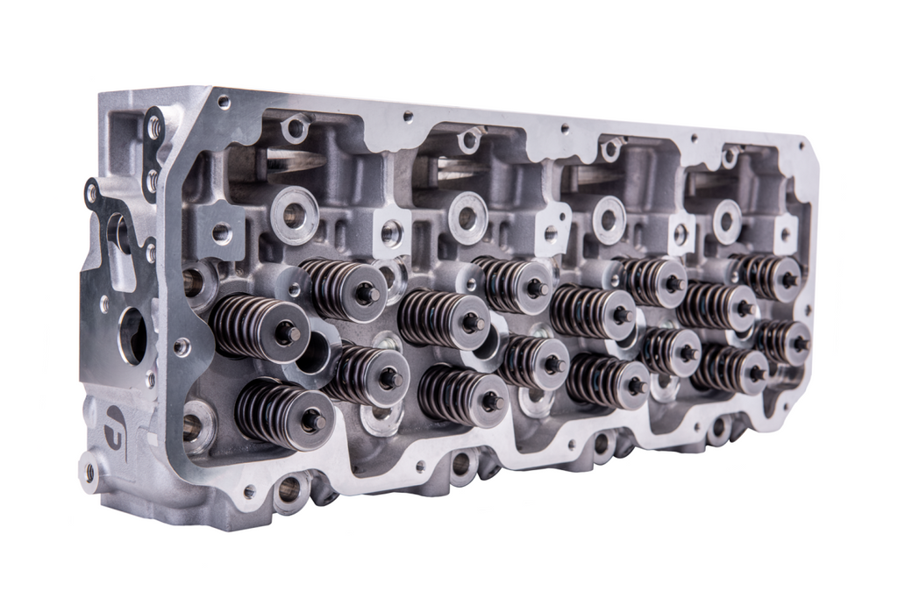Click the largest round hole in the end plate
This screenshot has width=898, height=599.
point(132,334)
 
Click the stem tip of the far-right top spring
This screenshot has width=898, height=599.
point(789,280)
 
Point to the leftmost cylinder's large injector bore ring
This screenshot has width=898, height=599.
point(294,215)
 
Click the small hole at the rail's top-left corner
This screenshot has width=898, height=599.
point(224,103)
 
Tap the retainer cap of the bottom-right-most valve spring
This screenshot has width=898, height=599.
point(756,372)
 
